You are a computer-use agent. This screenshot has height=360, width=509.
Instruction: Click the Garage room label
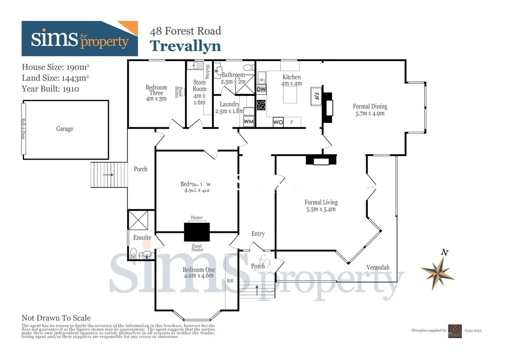coord(65,129)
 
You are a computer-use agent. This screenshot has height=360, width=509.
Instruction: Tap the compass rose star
coord(437,271)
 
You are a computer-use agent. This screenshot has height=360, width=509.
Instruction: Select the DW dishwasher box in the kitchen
coord(261,89)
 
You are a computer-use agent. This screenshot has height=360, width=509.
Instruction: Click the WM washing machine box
coord(249,121)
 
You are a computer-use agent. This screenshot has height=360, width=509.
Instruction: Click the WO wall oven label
coord(278,122)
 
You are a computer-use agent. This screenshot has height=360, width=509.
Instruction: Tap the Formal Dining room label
coord(370,106)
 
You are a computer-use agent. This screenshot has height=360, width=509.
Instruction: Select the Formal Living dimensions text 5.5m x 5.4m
coord(321,209)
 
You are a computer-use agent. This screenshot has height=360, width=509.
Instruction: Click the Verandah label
coord(378,268)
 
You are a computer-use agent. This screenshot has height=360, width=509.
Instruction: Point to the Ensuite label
coord(142,238)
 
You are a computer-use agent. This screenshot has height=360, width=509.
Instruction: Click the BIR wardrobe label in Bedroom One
coord(230,281)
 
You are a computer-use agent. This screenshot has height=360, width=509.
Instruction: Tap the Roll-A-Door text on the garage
coord(23,129)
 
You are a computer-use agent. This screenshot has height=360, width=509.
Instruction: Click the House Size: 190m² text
coord(56,67)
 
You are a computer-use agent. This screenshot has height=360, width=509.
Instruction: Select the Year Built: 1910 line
coord(50,89)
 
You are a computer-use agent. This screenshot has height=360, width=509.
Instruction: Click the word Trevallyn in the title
coord(185,46)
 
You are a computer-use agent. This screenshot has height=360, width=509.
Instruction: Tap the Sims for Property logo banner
coord(80,39)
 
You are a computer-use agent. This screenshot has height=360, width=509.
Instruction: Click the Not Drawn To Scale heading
coord(56,318)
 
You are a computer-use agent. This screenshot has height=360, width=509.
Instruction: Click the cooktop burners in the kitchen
coord(261,105)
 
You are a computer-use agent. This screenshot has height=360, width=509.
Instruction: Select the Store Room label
coord(199,86)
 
